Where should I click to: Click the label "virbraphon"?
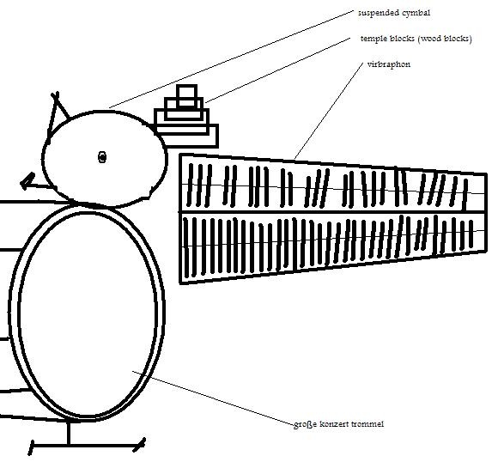pos(388,64)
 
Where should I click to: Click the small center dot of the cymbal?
pos(102,157)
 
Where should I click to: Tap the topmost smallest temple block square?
pos(187,95)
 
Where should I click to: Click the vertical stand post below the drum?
pos(69,433)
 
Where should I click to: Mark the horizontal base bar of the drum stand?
pos(87,446)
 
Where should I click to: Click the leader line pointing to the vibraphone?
pos(329,111)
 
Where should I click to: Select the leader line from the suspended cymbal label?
pos(231,59)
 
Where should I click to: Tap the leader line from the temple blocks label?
pos(278,70)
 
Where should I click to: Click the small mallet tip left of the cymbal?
pos(27,180)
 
